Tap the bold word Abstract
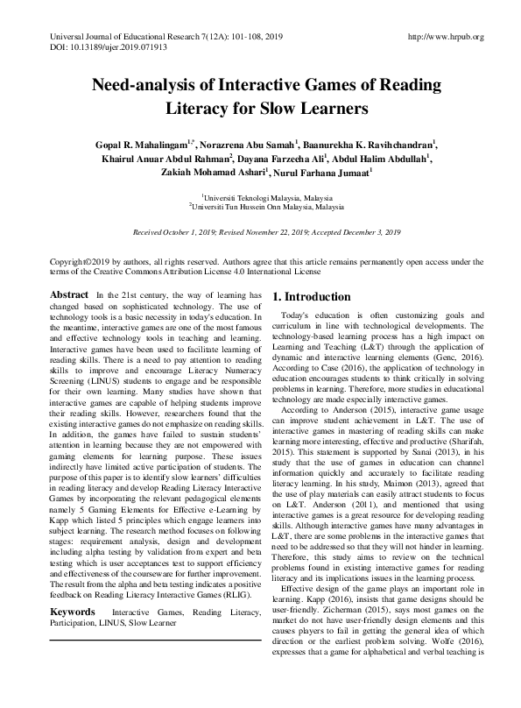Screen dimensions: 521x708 [x=68, y=296]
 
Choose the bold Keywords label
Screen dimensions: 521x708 [x=73, y=609]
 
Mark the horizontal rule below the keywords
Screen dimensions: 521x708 [x=154, y=641]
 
